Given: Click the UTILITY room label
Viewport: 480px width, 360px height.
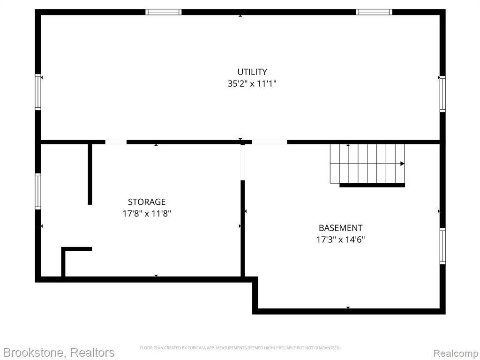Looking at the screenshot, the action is coord(252,72).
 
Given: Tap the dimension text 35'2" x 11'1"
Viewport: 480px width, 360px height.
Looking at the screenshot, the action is coord(252,83).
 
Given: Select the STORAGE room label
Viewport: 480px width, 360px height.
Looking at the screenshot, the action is coord(147,202).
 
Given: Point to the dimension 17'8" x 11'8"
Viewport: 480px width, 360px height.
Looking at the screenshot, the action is coord(147,213).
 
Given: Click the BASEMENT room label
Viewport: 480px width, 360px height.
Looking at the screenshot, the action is coord(341,228).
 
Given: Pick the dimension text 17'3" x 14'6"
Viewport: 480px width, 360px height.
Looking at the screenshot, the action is coord(341,240).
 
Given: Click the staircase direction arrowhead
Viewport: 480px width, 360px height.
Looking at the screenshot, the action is coord(402,164).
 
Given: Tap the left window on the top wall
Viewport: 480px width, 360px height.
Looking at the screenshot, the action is coord(164,12).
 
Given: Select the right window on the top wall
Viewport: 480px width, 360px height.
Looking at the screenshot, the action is coord(374,12).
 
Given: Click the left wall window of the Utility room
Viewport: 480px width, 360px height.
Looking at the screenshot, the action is coord(38,92).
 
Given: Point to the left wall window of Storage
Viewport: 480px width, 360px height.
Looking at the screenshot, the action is coord(38,191).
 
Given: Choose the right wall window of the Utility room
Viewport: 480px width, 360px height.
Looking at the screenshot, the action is coord(442,94).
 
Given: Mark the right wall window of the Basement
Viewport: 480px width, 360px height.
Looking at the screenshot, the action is coord(442,246).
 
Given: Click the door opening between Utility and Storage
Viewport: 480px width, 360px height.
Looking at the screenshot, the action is coord(116,142).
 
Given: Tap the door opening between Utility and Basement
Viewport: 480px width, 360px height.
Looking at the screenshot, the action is coord(270,142).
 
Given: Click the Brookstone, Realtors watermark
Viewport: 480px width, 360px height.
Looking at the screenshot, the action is coord(59,352).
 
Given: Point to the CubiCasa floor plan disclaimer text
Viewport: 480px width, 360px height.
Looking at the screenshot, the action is coord(240,348).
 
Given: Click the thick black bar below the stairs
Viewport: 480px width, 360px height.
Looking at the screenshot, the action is coord(372,185).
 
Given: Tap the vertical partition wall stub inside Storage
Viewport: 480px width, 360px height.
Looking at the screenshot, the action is coord(90,174).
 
